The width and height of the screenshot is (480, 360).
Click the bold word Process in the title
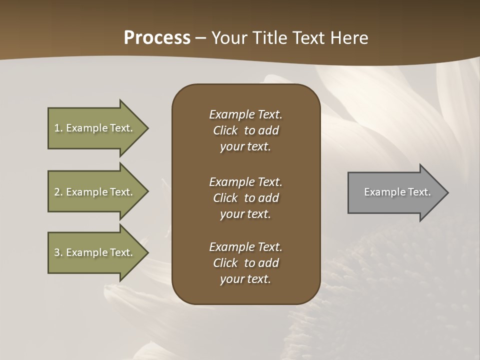(157, 38)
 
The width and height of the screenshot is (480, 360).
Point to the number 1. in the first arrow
(58, 128)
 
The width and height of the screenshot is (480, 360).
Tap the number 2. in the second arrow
(58, 192)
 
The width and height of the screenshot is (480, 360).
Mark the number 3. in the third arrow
(58, 252)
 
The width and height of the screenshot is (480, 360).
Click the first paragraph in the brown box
(245, 130)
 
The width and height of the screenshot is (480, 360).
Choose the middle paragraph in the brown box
(245, 198)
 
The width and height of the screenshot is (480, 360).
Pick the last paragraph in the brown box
(245, 263)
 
